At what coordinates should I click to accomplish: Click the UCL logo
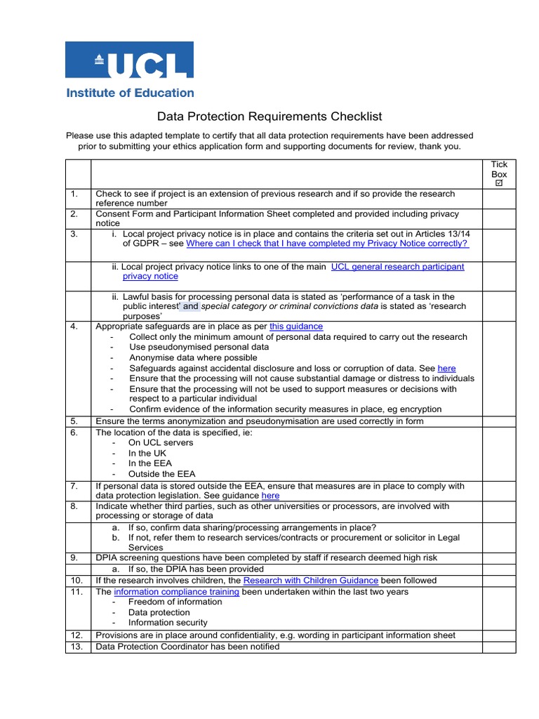tap(130, 60)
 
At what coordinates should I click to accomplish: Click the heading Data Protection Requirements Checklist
tap(269, 117)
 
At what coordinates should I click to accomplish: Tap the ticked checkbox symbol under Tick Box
tap(499, 183)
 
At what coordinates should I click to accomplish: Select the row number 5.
tap(74, 421)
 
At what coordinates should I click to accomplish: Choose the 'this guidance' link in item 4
tap(296, 326)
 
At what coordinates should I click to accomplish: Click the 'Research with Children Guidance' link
tap(311, 581)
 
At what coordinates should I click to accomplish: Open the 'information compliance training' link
tap(177, 592)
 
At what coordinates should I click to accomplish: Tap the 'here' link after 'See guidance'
tap(270, 496)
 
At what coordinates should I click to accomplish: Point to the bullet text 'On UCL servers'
tap(161, 443)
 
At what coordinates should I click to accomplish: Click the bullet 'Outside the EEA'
tap(162, 474)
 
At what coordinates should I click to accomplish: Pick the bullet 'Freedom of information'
tap(175, 602)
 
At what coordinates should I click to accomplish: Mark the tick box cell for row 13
tap(499, 647)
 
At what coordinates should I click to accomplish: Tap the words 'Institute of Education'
tap(130, 93)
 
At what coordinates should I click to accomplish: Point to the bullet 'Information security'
tap(168, 623)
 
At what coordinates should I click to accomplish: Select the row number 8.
tap(74, 506)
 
